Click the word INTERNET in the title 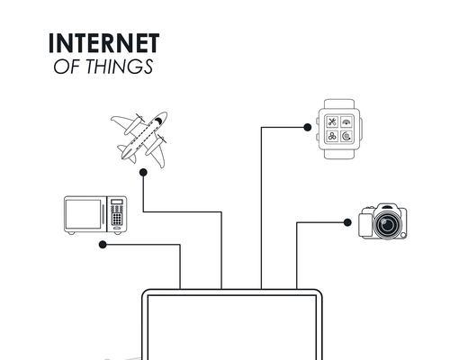click(x=103, y=43)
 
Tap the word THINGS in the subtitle click(x=120, y=67)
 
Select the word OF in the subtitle click(x=67, y=67)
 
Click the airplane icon click(x=139, y=139)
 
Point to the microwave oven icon click(x=95, y=215)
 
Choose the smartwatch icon click(x=339, y=129)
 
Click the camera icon click(x=383, y=221)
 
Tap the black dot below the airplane click(x=143, y=173)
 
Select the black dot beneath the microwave click(x=103, y=245)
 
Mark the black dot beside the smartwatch click(x=307, y=127)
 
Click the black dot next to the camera click(x=347, y=222)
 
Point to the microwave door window click(x=84, y=214)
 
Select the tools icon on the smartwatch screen click(x=332, y=121)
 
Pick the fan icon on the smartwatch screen click(x=332, y=137)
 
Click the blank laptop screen click(x=232, y=328)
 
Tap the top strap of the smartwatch click(x=339, y=104)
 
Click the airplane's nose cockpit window click(x=158, y=121)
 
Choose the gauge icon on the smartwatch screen click(x=346, y=121)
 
